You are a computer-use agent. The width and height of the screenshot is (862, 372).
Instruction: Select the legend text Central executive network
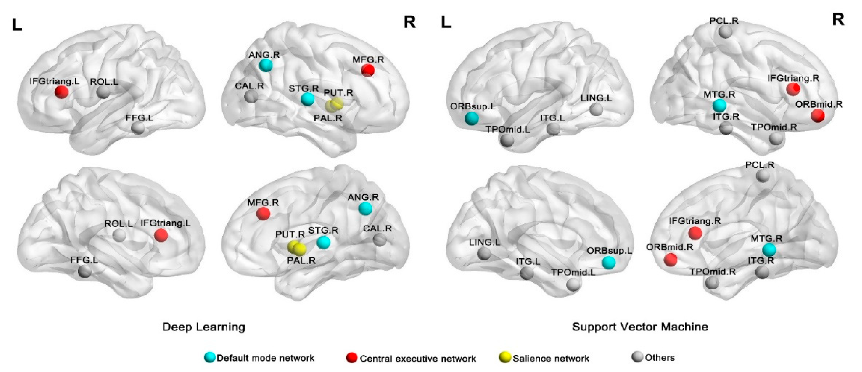point(418,359)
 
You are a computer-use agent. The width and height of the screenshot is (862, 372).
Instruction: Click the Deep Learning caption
point(203,327)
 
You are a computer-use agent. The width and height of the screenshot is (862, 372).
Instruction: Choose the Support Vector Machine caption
point(640,327)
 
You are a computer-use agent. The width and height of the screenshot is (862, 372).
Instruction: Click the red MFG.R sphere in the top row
point(368,70)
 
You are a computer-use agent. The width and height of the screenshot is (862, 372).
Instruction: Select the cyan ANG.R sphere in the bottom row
point(365,209)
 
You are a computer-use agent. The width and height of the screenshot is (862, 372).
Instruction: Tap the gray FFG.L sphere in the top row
point(138,128)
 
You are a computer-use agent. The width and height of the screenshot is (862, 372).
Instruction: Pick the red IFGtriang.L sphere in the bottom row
point(161,235)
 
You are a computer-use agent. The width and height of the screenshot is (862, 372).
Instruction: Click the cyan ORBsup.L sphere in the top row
point(472,118)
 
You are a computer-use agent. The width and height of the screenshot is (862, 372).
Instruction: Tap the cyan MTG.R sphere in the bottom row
point(769,250)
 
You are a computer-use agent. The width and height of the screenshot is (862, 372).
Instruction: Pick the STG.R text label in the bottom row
point(323,230)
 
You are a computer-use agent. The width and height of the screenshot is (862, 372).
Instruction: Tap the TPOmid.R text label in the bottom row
point(713,272)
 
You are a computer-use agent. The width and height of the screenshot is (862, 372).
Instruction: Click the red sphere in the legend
point(352,358)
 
